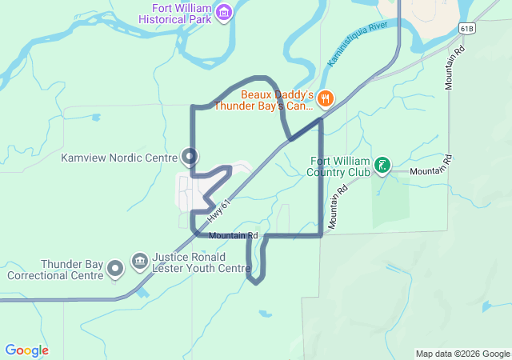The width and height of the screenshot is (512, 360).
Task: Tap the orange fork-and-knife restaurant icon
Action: [x=324, y=99]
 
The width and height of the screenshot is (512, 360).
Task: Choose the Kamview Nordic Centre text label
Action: [x=118, y=158]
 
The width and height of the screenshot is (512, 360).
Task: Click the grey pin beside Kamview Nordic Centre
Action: [x=190, y=156]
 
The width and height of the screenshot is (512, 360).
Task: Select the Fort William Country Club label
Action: [x=340, y=166]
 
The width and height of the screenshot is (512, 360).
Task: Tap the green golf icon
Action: [x=384, y=166]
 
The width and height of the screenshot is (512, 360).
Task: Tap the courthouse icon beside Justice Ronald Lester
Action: [x=139, y=261]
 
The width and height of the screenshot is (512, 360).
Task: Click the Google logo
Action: [x=26, y=350]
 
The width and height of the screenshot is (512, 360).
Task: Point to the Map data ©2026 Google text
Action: [x=462, y=354]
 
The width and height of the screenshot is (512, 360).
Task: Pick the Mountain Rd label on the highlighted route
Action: [x=234, y=236]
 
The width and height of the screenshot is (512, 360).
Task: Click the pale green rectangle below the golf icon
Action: [x=388, y=200]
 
